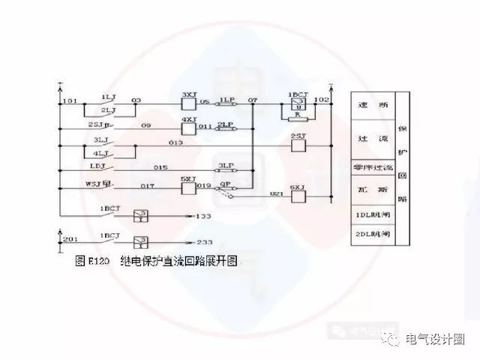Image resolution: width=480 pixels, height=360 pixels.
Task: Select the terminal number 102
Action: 322,98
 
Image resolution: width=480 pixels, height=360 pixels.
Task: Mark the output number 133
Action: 202,216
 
